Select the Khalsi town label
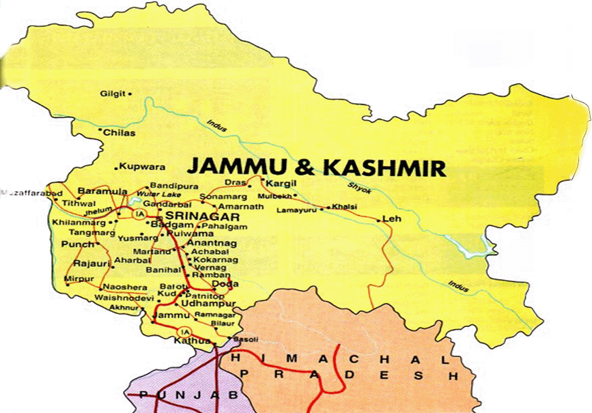click(x=346, y=206)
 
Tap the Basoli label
click(x=242, y=340)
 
